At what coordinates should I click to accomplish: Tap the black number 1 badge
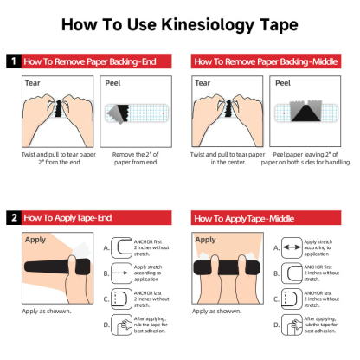(x=13, y=61)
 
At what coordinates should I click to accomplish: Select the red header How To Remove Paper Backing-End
(x=96, y=61)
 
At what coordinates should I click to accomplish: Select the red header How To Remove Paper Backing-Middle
(x=271, y=61)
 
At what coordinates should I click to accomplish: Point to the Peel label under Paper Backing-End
(x=115, y=85)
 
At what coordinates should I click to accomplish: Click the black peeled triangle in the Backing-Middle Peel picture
(x=304, y=112)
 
